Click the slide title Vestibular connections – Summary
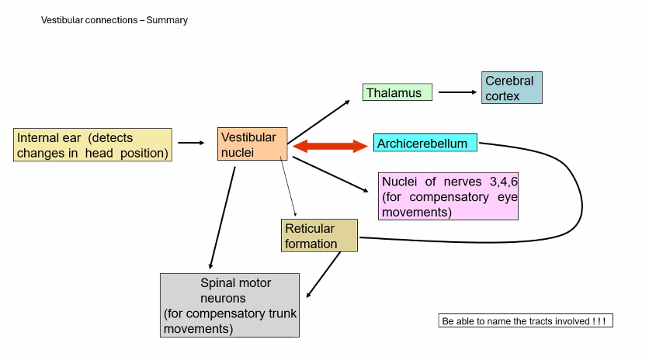point(114,20)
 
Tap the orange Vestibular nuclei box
point(252,144)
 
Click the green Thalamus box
point(397,92)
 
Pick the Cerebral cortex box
point(512,88)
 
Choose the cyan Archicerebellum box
point(425,143)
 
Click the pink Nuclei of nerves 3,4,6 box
point(448,196)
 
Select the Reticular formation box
point(319,236)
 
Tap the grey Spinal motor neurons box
point(230,304)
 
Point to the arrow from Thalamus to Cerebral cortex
point(457,92)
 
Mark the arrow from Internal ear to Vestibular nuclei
point(190,143)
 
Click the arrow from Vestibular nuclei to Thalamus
point(319,122)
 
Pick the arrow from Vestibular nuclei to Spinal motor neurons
point(222,217)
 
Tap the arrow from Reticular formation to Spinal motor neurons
point(324,275)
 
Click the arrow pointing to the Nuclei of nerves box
point(330,175)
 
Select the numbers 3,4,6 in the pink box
point(504,182)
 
